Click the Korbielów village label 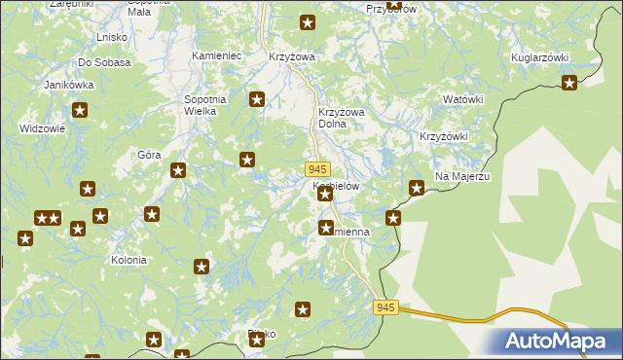pyautogui.click(x=337, y=185)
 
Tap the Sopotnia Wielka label pyautogui.click(x=205, y=105)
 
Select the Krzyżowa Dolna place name pyautogui.click(x=341, y=118)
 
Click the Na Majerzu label pyautogui.click(x=461, y=176)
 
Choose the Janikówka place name pyautogui.click(x=68, y=85)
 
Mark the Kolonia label pyautogui.click(x=128, y=261)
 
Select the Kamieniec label pyautogui.click(x=216, y=56)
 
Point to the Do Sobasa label pyautogui.click(x=105, y=62)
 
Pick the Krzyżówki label pyautogui.click(x=443, y=136)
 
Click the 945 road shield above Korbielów pyautogui.click(x=316, y=168)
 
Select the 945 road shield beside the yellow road pyautogui.click(x=385, y=307)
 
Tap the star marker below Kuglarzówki pyautogui.click(x=569, y=83)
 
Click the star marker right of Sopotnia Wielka pyautogui.click(x=257, y=98)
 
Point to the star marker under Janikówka pyautogui.click(x=81, y=111)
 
